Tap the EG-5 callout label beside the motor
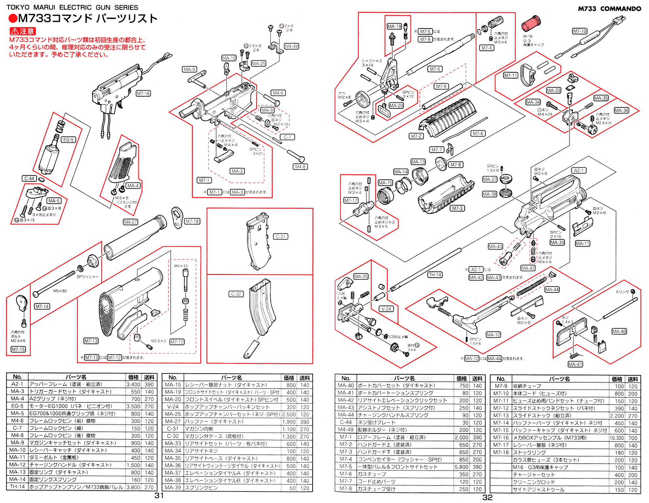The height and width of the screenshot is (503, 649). click(69, 140)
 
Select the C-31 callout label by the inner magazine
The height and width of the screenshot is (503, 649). click(280, 236)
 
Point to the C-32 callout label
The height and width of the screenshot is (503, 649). click(236, 294)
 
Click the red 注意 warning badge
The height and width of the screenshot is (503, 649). click(23, 31)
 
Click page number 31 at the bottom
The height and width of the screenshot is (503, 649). click(159, 495)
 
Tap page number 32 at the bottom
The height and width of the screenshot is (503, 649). click(487, 497)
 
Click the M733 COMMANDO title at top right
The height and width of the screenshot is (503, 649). click(609, 9)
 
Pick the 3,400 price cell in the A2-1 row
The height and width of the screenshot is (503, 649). click(133, 384)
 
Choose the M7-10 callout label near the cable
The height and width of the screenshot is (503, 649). click(579, 31)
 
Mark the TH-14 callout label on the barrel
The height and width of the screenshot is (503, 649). click(435, 275)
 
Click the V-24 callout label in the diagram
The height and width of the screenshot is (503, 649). click(386, 309)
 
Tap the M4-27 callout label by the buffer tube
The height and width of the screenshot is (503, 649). click(130, 222)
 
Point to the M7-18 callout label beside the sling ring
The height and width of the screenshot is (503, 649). click(192, 221)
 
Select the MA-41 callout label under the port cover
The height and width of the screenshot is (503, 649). click(575, 364)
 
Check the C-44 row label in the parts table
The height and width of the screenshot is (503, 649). click(346, 422)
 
